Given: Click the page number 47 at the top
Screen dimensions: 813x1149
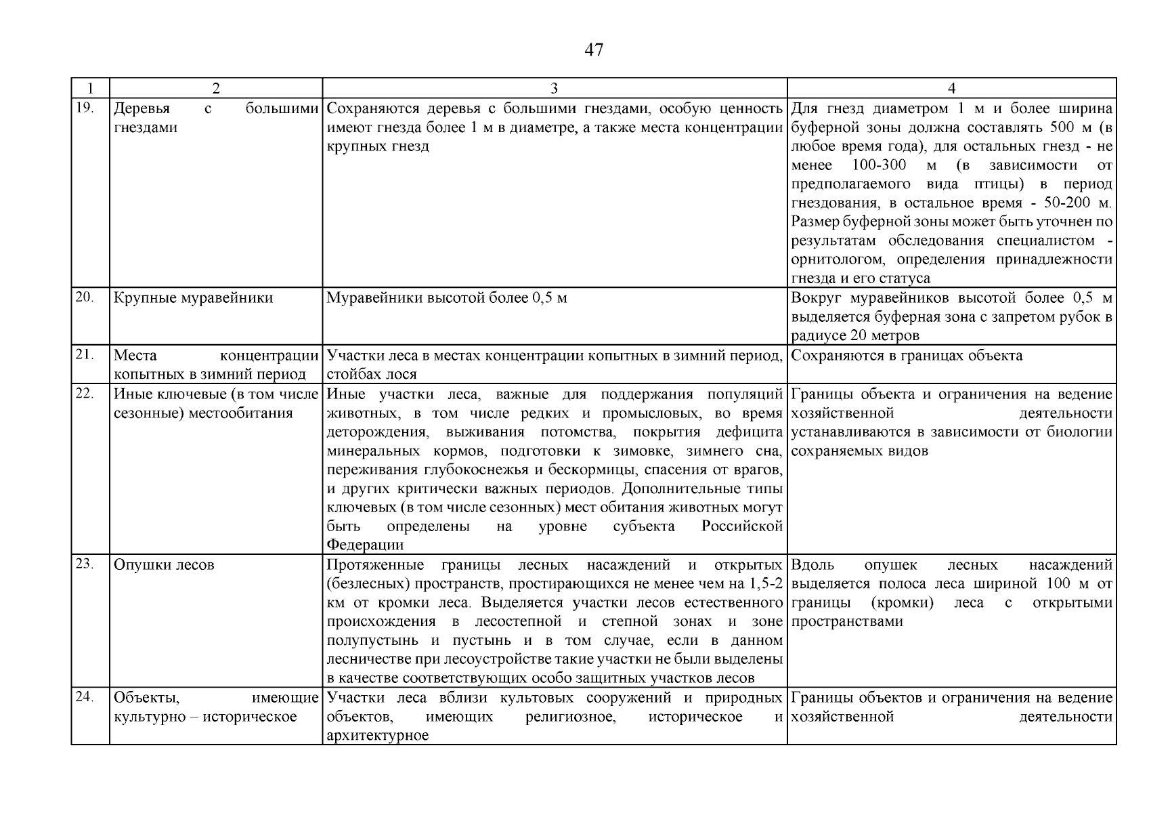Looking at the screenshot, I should (x=593, y=50).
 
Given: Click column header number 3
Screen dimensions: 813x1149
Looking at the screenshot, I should (x=554, y=89).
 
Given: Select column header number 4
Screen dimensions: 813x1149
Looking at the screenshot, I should (x=951, y=89).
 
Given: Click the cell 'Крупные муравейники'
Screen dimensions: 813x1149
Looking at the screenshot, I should (x=193, y=298).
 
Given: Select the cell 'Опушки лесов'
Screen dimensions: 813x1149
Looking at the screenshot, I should (x=164, y=565).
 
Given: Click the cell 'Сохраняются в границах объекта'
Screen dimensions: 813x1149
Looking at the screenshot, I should (x=907, y=356).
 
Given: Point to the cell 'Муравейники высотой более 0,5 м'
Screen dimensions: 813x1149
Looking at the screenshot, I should (x=446, y=298).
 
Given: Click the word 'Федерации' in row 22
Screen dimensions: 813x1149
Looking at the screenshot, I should (x=365, y=545).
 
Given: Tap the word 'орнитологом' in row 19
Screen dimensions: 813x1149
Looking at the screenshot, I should (x=840, y=259).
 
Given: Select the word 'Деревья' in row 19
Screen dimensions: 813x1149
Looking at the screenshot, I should (x=142, y=109).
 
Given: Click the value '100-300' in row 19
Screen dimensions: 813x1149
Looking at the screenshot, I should (x=877, y=165).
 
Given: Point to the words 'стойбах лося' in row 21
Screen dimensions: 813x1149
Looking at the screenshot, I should (x=372, y=375).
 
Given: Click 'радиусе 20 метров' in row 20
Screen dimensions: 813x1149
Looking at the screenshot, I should (x=855, y=336).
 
